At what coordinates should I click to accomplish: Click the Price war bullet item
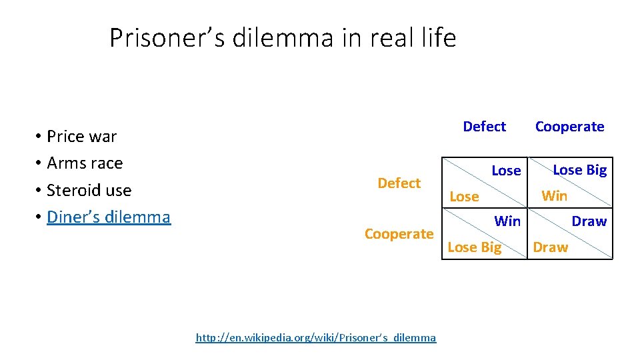coord(81,137)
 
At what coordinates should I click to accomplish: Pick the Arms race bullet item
coord(85,163)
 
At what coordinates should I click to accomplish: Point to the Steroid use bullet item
coord(89,191)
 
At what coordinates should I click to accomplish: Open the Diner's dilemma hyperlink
coord(109,217)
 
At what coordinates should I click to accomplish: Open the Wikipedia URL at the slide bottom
coord(315,337)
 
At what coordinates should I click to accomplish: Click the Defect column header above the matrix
coord(484,127)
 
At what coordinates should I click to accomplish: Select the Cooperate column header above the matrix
coord(569,127)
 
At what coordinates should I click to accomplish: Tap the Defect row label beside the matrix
coord(399,183)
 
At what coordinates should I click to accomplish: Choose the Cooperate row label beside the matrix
coord(399,234)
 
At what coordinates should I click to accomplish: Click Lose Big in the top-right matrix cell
coord(579,170)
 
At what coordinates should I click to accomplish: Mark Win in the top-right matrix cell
coord(554,196)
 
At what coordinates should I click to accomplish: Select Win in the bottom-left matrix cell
coord(507,221)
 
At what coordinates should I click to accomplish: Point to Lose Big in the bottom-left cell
coord(474,247)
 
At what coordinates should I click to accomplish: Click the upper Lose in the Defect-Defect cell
coord(506,171)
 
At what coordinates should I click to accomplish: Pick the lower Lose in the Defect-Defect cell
coord(464,197)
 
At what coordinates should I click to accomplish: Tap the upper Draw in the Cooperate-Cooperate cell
coord(589,221)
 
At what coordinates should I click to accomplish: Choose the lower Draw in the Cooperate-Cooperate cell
coord(550,247)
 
